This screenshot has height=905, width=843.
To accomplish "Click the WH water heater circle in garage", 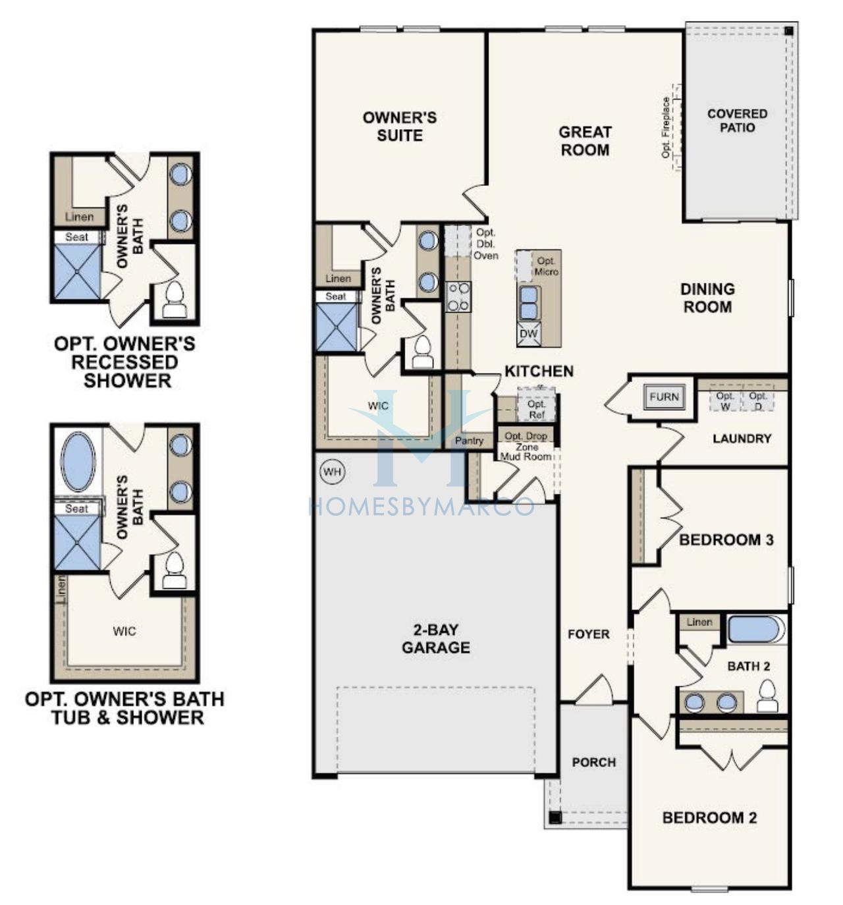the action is coord(332,472).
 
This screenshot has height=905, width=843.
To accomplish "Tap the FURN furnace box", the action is coord(664,397).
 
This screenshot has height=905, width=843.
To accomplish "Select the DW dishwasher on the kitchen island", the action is coord(529,333).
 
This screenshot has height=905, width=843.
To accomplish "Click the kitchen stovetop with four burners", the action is coord(458,296).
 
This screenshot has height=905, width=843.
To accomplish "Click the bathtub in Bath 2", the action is coord(757,629).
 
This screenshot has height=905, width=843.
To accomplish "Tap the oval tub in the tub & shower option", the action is coord(78,462).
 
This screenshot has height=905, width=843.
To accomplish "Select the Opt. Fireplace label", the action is coord(666,128).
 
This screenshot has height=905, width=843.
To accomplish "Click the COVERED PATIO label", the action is coord(737,121).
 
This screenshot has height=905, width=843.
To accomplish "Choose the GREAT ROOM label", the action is coord(585,141).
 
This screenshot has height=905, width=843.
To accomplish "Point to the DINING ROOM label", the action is coord(707,298).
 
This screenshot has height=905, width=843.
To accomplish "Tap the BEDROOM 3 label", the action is coord(726,540).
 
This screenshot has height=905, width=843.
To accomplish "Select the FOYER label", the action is coord(588,634).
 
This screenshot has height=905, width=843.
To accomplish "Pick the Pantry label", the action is coord(469,441).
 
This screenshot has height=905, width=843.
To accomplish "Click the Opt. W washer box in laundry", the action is coord(725,401).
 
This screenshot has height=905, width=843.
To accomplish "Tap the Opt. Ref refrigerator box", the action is coord(536,405).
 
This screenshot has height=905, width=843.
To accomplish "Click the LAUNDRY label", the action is coord(742,439).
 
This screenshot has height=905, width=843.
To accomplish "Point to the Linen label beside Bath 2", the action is coord(699,622).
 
